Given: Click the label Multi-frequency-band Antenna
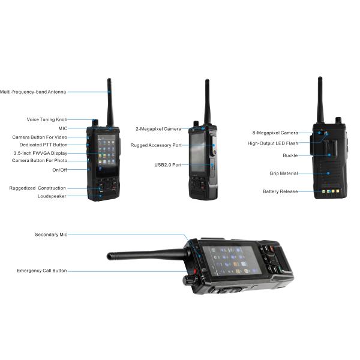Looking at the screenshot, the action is click(33, 92).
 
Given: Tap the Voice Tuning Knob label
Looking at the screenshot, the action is click(47, 119).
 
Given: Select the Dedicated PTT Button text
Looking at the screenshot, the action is click(43, 145).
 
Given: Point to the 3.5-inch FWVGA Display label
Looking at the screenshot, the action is click(40, 153).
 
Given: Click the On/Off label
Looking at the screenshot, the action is click(59, 170).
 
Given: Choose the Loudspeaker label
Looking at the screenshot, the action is click(52, 196).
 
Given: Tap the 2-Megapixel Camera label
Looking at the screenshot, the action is click(158, 129).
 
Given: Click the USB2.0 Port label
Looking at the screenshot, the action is click(168, 165).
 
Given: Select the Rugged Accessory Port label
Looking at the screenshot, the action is click(156, 145).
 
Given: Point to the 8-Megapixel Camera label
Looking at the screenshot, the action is click(275, 133).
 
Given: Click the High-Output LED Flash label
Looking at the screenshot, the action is click(273, 143).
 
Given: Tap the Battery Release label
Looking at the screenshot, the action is click(280, 191).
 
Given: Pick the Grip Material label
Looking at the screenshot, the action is click(284, 173).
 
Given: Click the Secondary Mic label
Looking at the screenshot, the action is click(51, 235).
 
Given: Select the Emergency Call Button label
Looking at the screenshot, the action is click(42, 271).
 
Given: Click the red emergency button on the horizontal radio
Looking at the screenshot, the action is click(195, 271).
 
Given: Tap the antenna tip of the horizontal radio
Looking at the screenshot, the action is click(108, 256).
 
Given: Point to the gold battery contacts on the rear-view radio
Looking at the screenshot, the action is click(331, 191).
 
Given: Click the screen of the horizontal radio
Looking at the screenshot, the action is click(232, 261).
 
